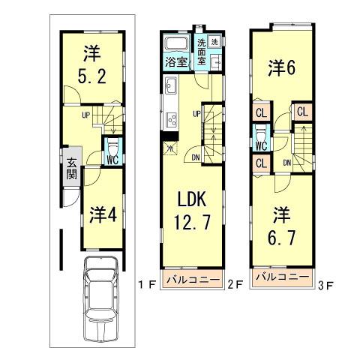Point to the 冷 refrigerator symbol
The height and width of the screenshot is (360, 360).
click(169, 148)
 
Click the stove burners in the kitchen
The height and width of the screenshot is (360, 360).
click(171, 118)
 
